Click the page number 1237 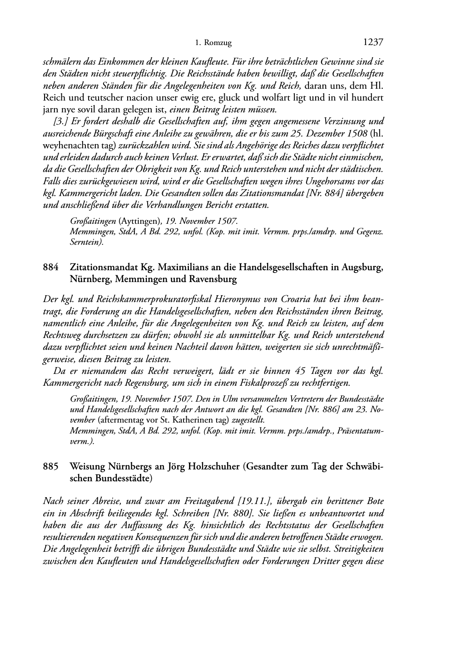coord(373,43)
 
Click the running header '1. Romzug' coord(213,43)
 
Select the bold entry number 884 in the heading coord(50,267)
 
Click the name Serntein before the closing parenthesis coord(85,242)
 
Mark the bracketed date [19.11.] coord(255,501)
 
